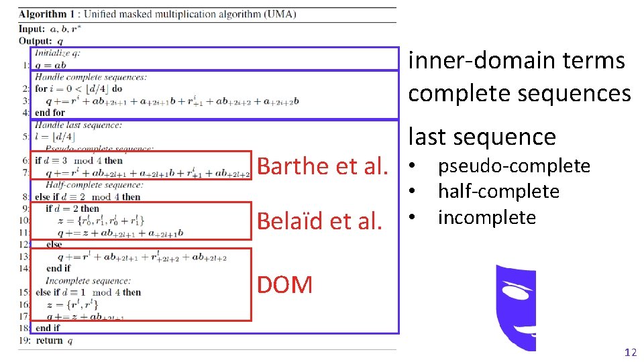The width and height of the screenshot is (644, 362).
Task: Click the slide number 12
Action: click(x=630, y=352)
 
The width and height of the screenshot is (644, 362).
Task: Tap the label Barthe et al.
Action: click(x=323, y=166)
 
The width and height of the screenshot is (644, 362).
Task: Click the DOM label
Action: click(x=285, y=285)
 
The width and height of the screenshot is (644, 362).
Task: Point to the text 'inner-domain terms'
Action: click(x=517, y=60)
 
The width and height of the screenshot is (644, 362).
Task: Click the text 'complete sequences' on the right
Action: click(x=519, y=93)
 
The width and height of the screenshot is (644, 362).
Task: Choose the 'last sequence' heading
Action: click(x=482, y=137)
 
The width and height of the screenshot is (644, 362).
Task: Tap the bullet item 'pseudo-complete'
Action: click(x=514, y=166)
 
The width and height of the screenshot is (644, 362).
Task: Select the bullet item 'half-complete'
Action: click(x=498, y=192)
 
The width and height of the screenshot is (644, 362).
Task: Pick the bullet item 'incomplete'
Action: click(x=486, y=217)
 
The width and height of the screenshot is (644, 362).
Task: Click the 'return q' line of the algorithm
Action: click(x=54, y=341)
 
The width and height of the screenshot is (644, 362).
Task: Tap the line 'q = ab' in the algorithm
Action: click(x=51, y=65)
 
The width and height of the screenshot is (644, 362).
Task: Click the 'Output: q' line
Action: click(x=42, y=40)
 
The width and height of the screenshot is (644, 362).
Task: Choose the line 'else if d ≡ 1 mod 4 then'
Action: click(x=88, y=292)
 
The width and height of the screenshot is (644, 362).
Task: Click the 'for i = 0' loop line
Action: click(x=78, y=88)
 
